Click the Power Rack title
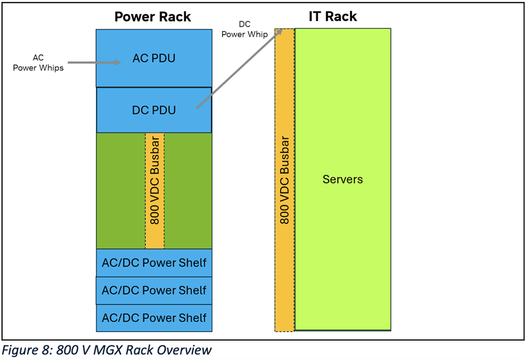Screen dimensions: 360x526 [153, 16]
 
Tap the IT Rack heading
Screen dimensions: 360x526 [332, 16]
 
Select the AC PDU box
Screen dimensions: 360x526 [154, 58]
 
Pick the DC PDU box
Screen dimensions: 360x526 [154, 110]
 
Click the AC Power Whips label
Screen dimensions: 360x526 [38, 63]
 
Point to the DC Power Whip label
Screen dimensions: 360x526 [244, 29]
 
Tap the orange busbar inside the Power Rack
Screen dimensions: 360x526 [155, 190]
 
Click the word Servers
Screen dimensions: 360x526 [342, 180]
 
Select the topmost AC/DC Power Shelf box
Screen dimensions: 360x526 [154, 263]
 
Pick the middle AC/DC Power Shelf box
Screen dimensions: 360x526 [154, 290]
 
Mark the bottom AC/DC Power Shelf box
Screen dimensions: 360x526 [154, 318]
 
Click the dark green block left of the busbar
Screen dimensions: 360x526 [120, 190]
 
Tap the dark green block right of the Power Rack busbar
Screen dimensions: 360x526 [188, 190]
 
